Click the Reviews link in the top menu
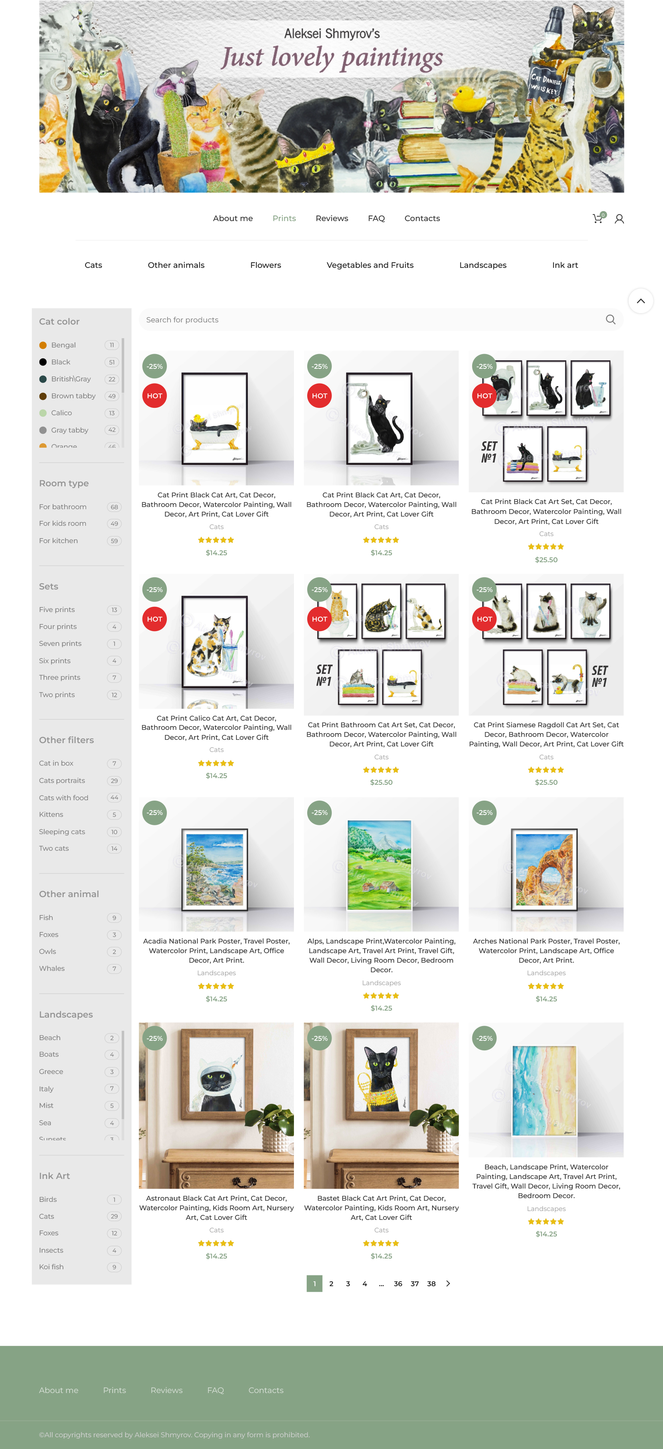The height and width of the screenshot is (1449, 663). [x=332, y=218]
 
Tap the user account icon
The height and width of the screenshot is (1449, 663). [x=619, y=219]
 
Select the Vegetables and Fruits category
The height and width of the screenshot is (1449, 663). [x=370, y=265]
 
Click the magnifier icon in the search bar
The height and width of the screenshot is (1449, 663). [x=611, y=319]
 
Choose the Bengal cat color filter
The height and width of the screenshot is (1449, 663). [x=64, y=345]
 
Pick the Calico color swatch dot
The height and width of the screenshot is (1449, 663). [x=43, y=413]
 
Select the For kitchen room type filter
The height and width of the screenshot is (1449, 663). [x=59, y=540]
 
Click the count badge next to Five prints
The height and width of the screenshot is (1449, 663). [x=114, y=610]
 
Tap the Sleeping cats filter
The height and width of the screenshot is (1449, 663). [x=62, y=832]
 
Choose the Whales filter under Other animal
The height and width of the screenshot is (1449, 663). [x=52, y=968]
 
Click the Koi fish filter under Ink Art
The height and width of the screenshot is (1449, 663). [x=51, y=1267]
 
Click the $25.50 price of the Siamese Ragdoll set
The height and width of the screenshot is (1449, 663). [x=546, y=783]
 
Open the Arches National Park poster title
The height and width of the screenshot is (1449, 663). [x=546, y=951]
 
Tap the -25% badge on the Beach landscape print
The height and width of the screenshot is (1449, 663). [x=485, y=1038]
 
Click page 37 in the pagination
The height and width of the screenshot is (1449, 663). [x=414, y=1284]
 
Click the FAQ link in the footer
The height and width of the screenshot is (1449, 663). [x=215, y=1390]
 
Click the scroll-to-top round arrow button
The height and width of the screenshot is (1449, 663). [x=641, y=301]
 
